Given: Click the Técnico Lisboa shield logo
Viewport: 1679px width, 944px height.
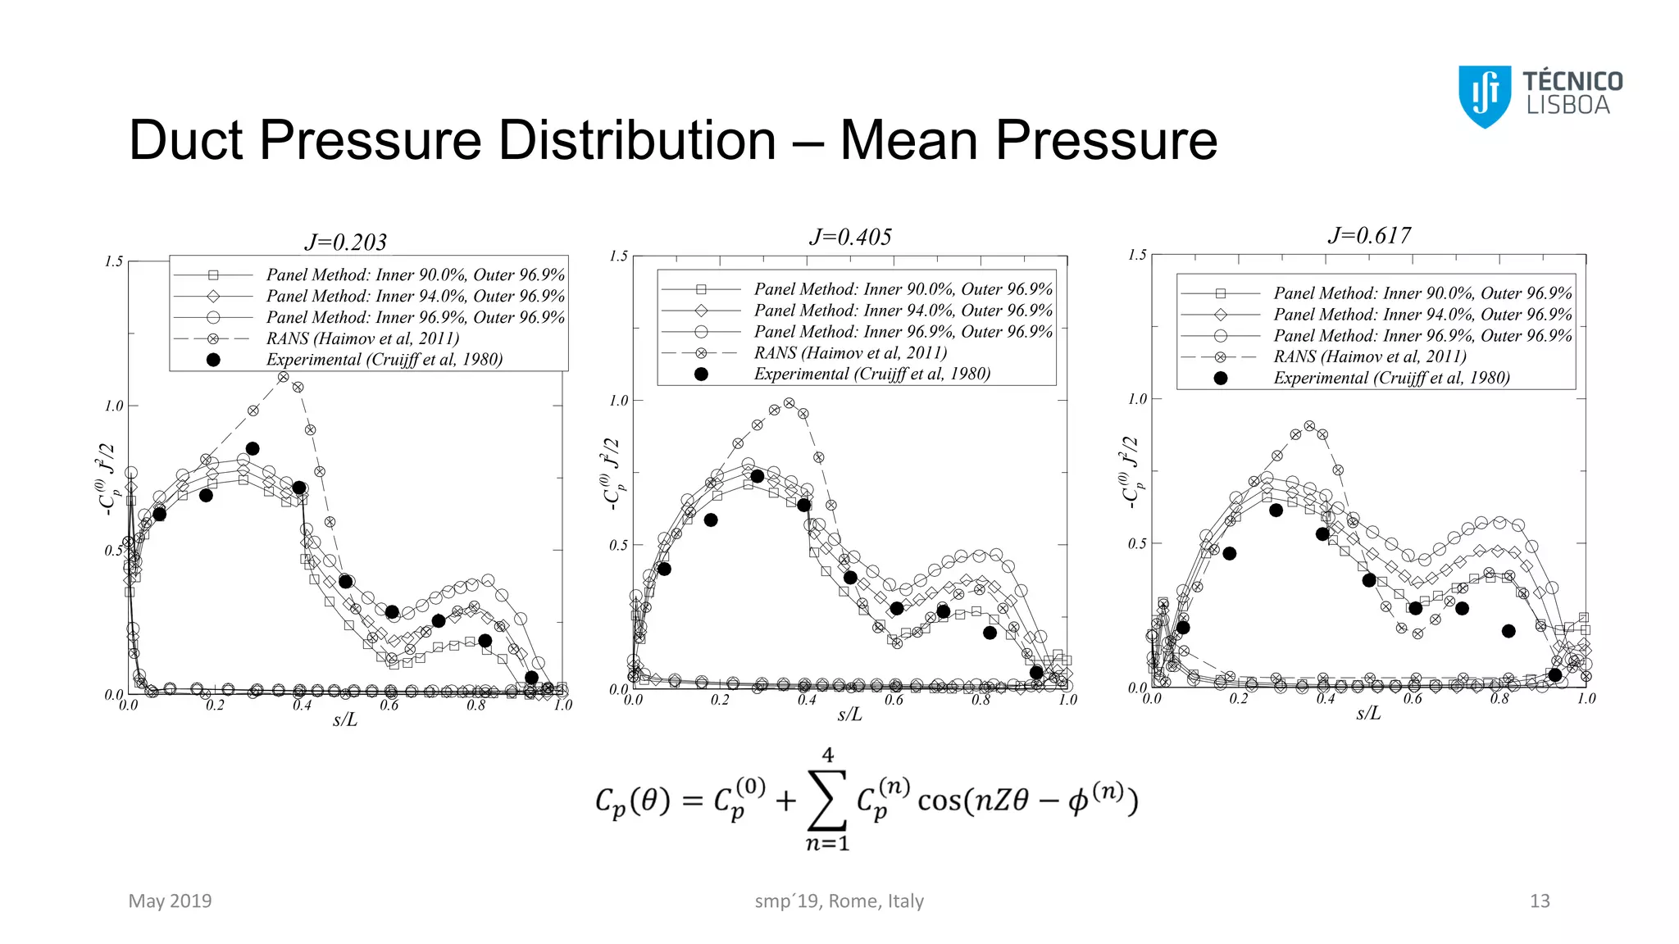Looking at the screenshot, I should pyautogui.click(x=1484, y=96).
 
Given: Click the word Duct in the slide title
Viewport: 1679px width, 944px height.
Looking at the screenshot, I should pyautogui.click(x=186, y=140).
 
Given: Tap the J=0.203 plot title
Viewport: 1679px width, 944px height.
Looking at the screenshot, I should pyautogui.click(x=345, y=242).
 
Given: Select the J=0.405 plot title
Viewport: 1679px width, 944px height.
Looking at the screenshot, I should pyautogui.click(x=850, y=237).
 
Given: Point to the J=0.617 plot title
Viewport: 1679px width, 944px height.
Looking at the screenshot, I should pyautogui.click(x=1369, y=235).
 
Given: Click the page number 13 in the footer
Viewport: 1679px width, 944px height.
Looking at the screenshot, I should pyautogui.click(x=1540, y=901).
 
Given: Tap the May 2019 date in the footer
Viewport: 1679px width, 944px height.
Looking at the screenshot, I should pyautogui.click(x=170, y=901).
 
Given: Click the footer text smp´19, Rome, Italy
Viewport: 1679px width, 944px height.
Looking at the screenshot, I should pyautogui.click(x=839, y=901).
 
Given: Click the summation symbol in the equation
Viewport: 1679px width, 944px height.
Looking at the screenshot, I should pyautogui.click(x=827, y=800).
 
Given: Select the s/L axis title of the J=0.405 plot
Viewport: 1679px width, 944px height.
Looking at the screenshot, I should pyautogui.click(x=850, y=715).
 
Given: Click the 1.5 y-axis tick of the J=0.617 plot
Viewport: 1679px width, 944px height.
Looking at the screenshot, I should pyautogui.click(x=1137, y=255).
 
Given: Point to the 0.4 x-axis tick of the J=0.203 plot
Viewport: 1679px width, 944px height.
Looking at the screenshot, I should pyautogui.click(x=302, y=706).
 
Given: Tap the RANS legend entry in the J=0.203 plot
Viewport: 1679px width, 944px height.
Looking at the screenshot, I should pyautogui.click(x=362, y=338).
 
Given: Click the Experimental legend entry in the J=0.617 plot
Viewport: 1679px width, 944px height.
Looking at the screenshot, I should pyautogui.click(x=1391, y=378).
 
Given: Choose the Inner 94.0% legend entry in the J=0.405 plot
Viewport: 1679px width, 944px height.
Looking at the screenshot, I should pyautogui.click(x=903, y=311).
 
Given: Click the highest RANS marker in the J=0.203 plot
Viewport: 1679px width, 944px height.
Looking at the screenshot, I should pyautogui.click(x=283, y=377).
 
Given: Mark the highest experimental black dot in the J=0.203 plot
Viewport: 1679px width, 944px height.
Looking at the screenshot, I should pyautogui.click(x=253, y=448).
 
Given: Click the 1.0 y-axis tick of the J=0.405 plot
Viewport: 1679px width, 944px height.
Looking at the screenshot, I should pyautogui.click(x=618, y=401).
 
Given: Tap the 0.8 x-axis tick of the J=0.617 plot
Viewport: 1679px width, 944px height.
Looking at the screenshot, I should pyautogui.click(x=1499, y=699).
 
